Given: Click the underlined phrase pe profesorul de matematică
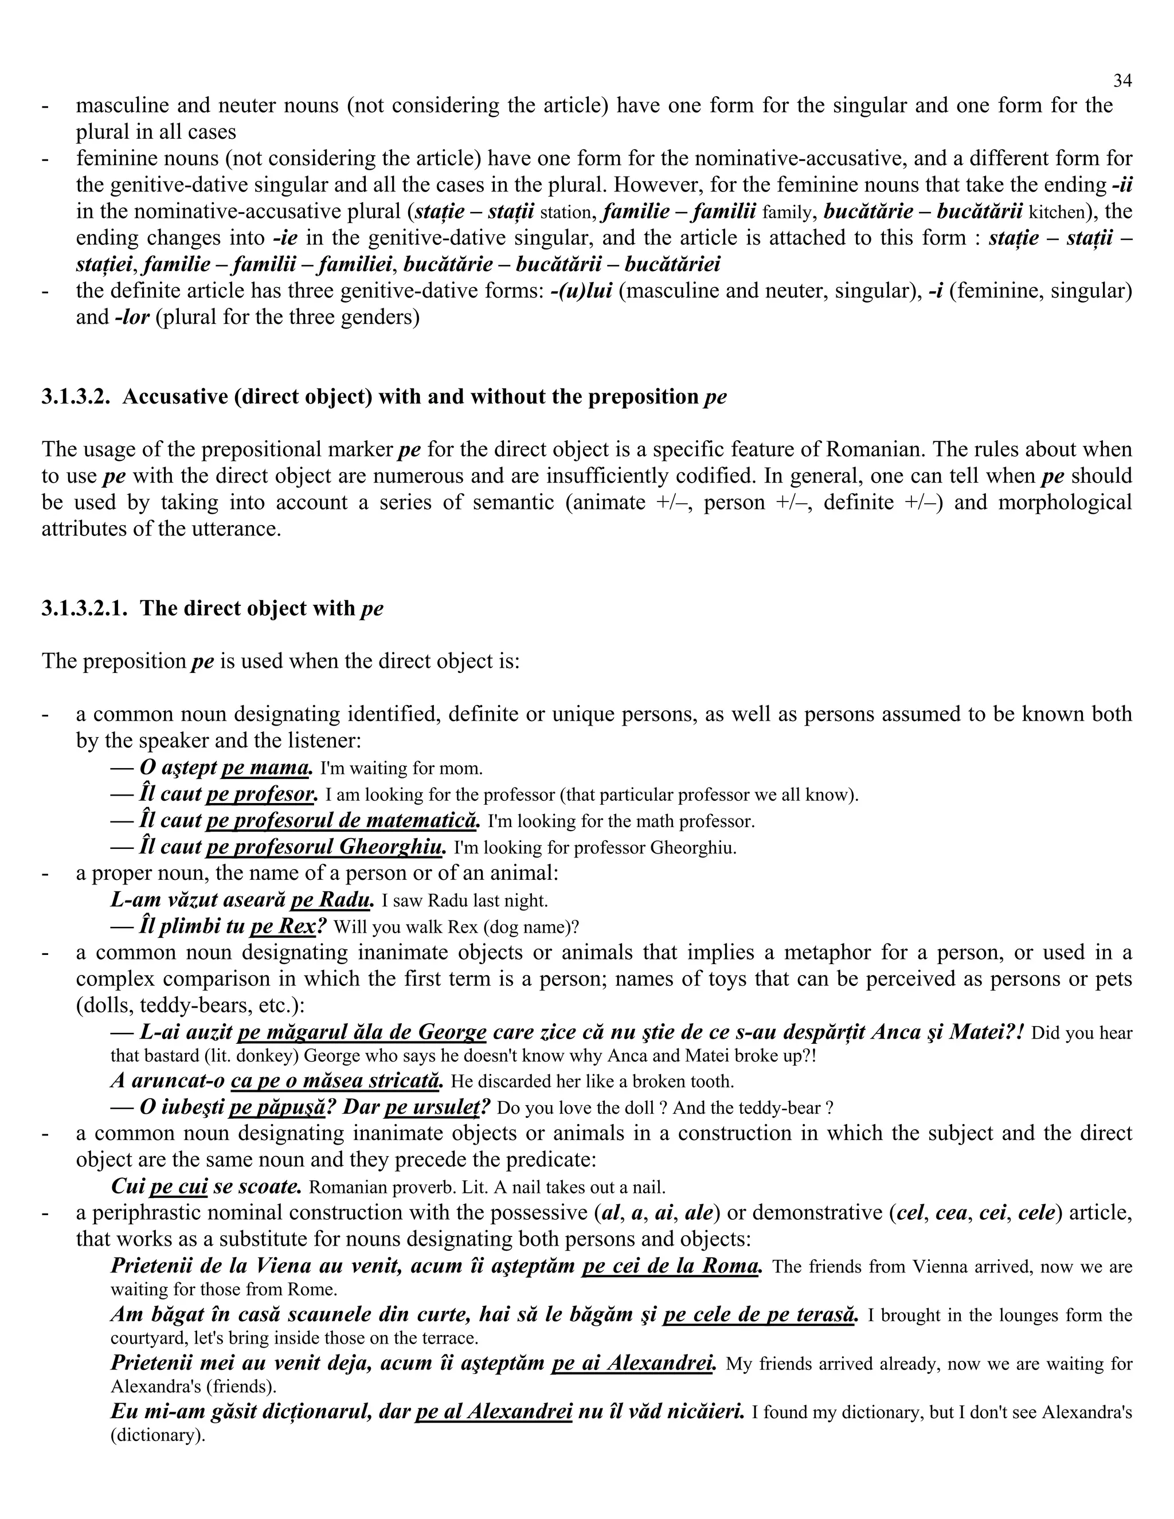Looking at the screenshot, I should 342,821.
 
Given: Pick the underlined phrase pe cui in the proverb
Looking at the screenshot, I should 179,1187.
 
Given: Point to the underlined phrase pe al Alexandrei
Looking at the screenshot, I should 493,1412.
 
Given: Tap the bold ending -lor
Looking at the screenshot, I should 132,318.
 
